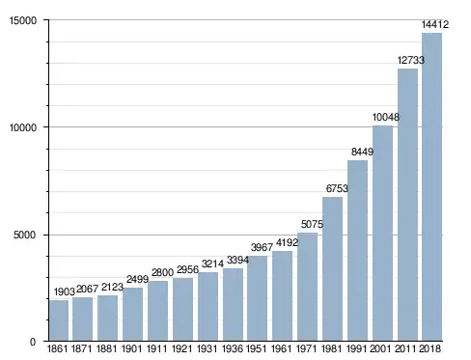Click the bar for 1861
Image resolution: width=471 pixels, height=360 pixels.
pos(59,320)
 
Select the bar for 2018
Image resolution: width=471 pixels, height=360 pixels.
pos(431,187)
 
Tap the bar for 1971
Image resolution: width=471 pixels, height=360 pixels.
pos(307,287)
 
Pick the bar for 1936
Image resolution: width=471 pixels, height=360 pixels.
pos(233,305)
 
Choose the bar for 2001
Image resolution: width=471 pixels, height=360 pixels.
pos(382,234)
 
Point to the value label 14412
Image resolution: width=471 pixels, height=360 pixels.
pos(435,24)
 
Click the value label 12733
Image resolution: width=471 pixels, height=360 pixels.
pos(411,60)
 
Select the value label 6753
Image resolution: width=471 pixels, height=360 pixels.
pos(337,188)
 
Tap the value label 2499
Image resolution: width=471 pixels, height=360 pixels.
pos(137,279)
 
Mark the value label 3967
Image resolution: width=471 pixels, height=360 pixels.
pos(262,247)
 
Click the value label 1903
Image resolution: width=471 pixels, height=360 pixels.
pos(65,291)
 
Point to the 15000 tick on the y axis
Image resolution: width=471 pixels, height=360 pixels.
pos(23,20)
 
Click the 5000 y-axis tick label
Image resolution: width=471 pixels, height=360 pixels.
pos(24,235)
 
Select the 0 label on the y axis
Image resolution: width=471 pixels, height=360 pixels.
pos(33,342)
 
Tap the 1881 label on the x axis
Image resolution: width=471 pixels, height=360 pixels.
pos(107,348)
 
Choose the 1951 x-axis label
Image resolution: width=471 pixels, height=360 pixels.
pos(257,348)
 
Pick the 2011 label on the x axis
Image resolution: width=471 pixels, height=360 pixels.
pos(405,348)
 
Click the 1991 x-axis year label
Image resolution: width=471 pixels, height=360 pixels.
pos(356,348)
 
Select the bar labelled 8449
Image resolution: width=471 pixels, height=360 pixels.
pos(357,251)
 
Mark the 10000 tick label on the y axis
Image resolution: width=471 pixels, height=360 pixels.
pos(23,127)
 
